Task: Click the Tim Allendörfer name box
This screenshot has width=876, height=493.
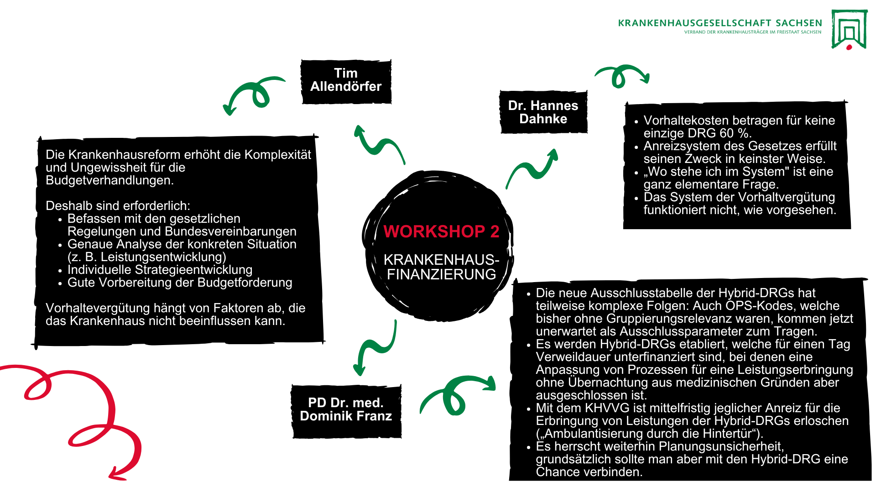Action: (346, 81)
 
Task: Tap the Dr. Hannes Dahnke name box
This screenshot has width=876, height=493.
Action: (543, 112)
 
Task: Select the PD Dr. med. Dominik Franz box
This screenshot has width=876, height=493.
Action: (346, 410)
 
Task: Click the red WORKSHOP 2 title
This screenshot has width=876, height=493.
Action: (441, 231)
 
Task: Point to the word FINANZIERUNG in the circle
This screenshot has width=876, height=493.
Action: (441, 274)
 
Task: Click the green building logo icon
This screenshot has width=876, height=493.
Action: (849, 29)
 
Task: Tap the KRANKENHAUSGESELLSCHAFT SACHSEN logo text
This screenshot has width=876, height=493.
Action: (720, 23)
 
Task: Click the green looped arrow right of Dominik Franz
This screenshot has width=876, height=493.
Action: (456, 395)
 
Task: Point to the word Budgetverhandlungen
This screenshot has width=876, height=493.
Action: (109, 180)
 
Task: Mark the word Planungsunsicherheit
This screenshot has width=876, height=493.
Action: (721, 446)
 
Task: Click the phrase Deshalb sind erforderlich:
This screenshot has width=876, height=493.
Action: (118, 206)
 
